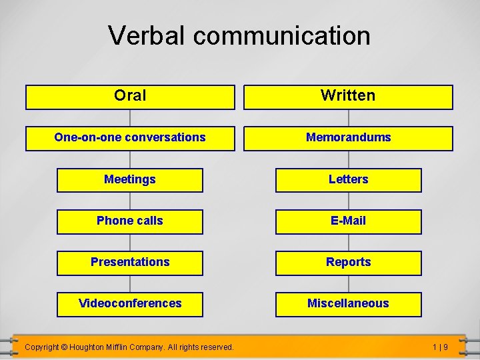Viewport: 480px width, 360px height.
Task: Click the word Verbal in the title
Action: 147,35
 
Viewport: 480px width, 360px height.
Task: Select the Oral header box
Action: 130,97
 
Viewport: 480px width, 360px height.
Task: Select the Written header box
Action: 348,97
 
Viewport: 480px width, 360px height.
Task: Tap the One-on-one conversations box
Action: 130,138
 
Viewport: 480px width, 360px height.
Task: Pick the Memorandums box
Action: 348,138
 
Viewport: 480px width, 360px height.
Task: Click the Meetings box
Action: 130,180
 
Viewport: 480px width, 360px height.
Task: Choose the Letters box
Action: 348,180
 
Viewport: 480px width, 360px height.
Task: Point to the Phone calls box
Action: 130,221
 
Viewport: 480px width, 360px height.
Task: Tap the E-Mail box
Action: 348,221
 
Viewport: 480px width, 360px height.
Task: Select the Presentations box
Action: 130,263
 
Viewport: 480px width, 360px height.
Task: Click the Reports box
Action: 348,263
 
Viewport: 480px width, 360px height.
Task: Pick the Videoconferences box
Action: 130,304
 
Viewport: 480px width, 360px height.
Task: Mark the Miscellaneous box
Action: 348,304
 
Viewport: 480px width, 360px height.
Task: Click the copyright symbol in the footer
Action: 64,347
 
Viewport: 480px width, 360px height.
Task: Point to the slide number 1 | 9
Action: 439,347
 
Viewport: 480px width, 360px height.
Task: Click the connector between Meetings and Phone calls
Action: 130,201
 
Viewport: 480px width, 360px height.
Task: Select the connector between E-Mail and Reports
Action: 348,242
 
